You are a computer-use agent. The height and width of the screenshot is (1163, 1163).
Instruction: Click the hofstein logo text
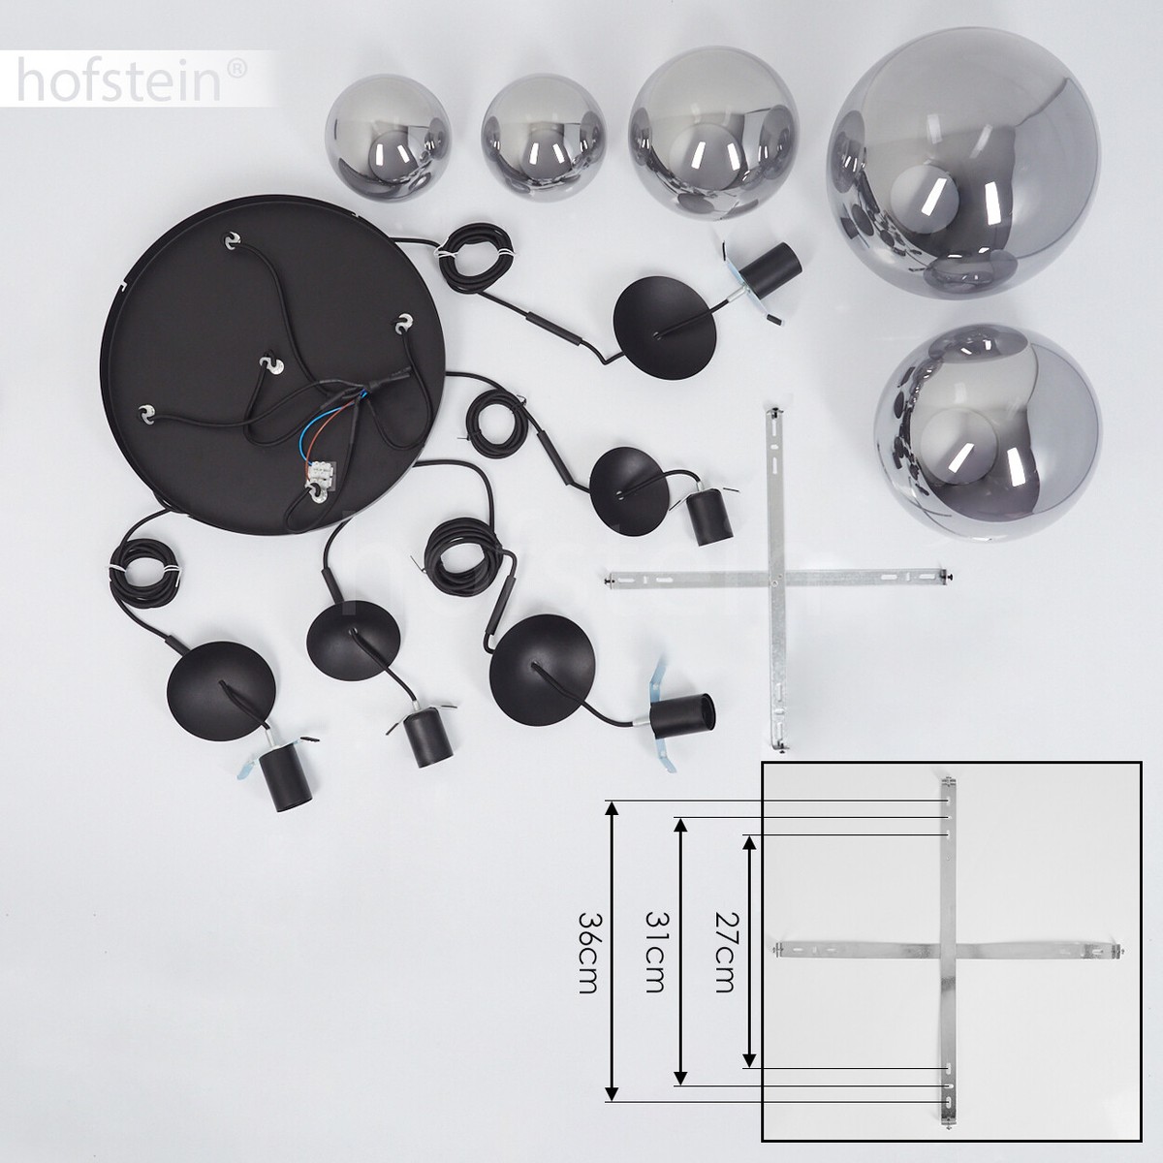tap(119, 80)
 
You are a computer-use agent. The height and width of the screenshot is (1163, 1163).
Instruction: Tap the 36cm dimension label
tap(588, 959)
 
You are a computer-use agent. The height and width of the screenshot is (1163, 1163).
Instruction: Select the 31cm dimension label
tap(656, 959)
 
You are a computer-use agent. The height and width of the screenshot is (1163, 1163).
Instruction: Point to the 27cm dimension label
tap(724, 959)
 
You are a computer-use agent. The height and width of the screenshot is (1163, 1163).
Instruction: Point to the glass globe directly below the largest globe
tap(988, 436)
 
